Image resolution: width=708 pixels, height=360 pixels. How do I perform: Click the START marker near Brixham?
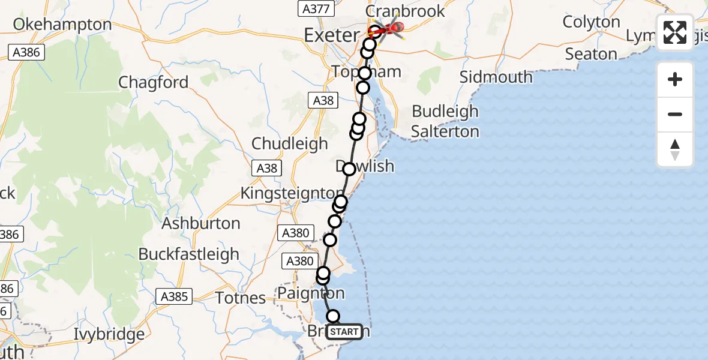(x=344, y=332)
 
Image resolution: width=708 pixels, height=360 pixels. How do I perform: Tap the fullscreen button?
(x=675, y=32)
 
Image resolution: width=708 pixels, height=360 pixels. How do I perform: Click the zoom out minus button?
(x=675, y=114)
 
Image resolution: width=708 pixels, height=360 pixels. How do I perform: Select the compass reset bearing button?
(x=675, y=149)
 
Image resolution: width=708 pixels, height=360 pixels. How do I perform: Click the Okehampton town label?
(x=62, y=25)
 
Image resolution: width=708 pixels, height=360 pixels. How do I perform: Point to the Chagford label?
(x=154, y=82)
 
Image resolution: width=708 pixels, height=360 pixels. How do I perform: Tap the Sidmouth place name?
(x=496, y=77)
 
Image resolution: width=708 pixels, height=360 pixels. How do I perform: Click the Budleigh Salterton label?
(x=445, y=121)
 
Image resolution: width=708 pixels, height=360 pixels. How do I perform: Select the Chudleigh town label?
(x=290, y=144)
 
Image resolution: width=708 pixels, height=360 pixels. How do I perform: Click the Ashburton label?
(x=201, y=223)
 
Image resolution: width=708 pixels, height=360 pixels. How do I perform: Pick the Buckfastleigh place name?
(x=189, y=254)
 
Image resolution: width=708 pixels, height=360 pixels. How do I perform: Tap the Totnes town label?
(x=241, y=298)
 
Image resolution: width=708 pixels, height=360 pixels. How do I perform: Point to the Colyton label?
(x=592, y=22)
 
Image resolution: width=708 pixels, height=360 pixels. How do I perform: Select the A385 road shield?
(x=175, y=296)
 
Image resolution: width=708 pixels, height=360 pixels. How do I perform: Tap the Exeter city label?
(x=332, y=35)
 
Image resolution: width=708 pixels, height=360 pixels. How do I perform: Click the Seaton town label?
(x=591, y=54)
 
